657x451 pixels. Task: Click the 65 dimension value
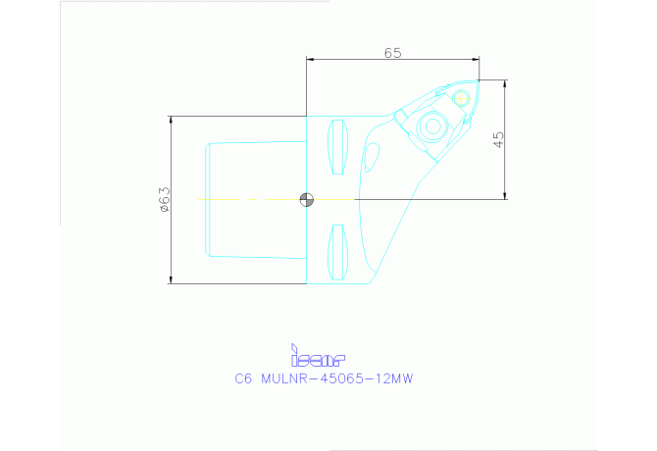[x=392, y=54]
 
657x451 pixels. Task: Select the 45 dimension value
[x=499, y=139]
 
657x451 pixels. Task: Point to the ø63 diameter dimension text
[x=165, y=199]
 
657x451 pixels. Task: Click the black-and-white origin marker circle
[x=307, y=200]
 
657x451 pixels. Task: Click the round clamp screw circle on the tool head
[x=430, y=126]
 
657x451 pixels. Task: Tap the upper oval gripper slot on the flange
[x=338, y=146]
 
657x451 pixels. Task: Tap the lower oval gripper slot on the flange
[x=338, y=249]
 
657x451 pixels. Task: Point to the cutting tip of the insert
[x=480, y=81]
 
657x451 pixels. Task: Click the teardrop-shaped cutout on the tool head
[x=371, y=157]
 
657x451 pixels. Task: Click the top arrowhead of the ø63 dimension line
[x=172, y=121]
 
